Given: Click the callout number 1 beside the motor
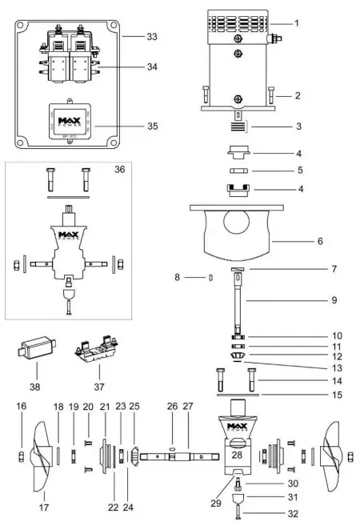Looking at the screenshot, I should click(x=296, y=23).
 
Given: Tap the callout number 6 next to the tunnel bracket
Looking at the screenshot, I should click(x=296, y=239).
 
